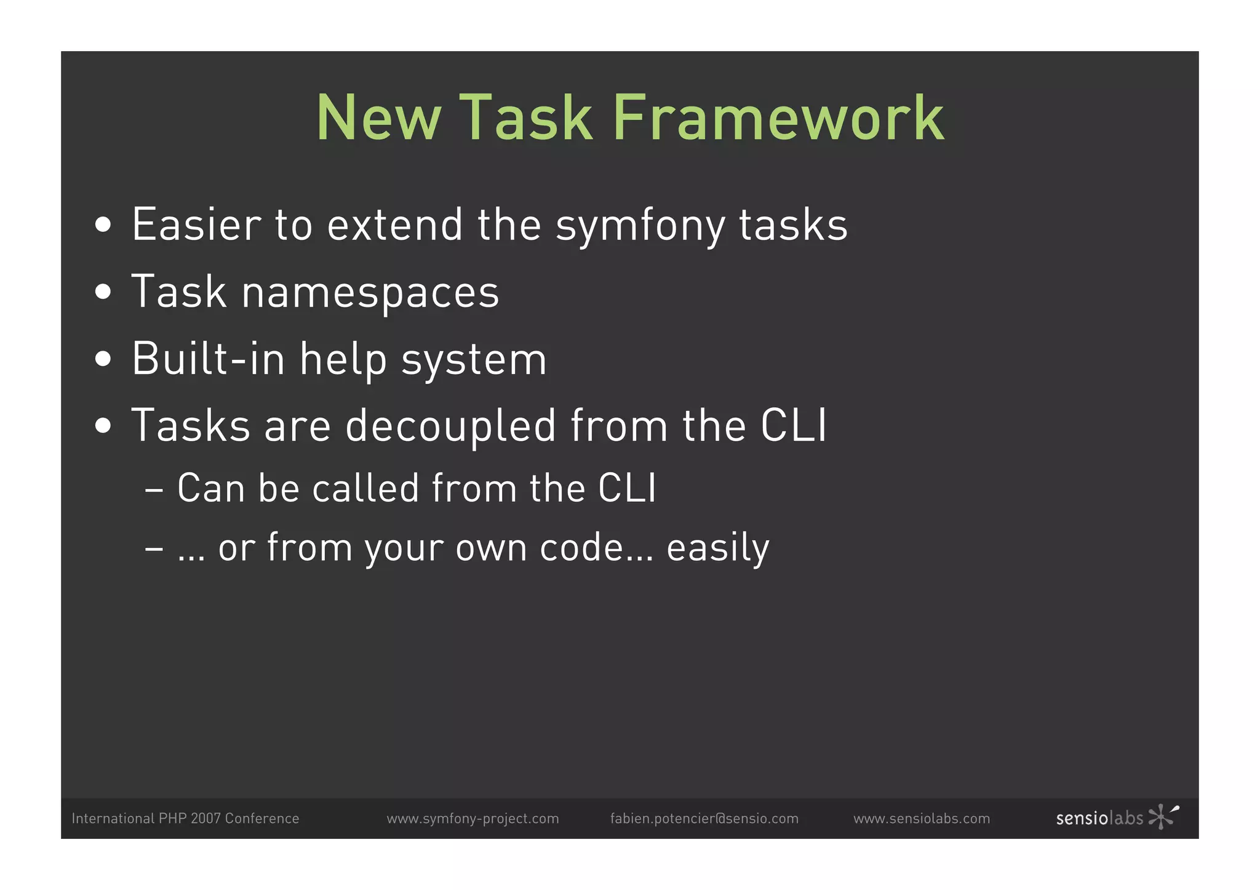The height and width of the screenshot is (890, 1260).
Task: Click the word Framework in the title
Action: (778, 118)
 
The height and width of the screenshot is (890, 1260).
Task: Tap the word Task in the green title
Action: (526, 118)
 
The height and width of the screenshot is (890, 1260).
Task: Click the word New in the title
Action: (379, 118)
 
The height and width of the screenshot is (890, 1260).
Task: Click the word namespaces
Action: (370, 293)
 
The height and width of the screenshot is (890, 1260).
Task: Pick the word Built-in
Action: (208, 359)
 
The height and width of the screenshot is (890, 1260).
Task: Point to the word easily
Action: (718, 548)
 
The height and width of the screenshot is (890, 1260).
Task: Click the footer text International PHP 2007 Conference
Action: (185, 819)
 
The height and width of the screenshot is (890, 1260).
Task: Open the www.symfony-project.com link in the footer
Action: (472, 819)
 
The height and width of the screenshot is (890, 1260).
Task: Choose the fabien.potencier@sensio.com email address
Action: (704, 819)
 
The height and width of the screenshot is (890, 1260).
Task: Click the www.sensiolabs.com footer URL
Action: (922, 819)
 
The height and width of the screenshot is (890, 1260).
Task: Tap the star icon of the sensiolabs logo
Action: (1162, 816)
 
